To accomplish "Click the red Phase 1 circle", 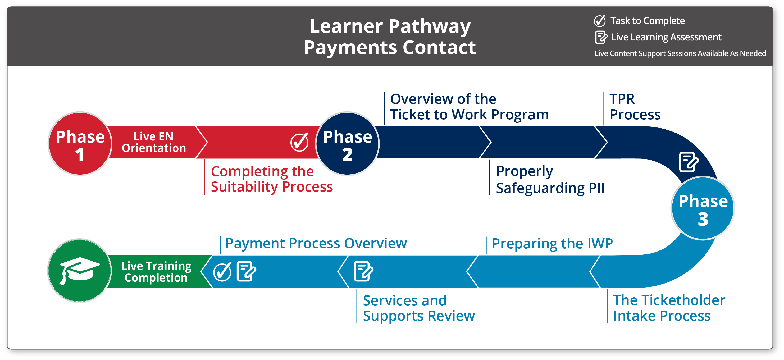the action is (80, 144).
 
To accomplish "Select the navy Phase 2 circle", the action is (347, 144).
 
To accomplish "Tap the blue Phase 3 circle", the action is (703, 208).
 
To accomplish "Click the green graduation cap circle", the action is (80, 271).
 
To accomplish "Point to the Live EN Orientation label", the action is (154, 142).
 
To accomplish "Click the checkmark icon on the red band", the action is (299, 142).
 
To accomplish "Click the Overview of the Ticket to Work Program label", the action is (469, 107).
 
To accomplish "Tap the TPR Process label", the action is (635, 107).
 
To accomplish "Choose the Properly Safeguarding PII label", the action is (550, 180).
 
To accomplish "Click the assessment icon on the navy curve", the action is (689, 162).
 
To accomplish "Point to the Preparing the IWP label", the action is (552, 243).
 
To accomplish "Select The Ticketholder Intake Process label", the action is (669, 308).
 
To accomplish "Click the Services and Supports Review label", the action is (419, 308).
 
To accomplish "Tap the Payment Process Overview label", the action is (316, 243).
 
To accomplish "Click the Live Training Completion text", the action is (156, 271).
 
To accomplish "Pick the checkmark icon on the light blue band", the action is (222, 271).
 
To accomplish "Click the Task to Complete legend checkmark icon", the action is (600, 21).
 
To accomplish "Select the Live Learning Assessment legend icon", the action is (601, 37).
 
